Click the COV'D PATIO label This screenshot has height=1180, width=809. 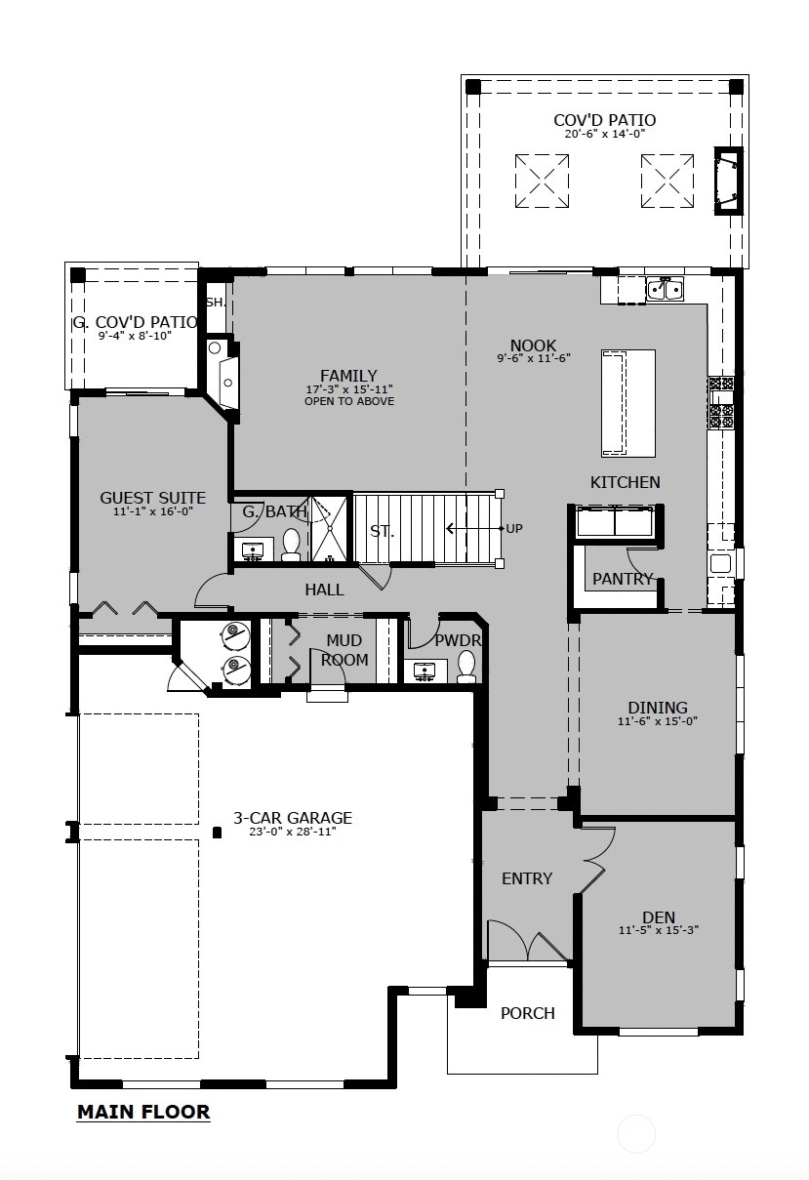(605, 120)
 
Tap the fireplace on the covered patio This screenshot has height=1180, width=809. (728, 181)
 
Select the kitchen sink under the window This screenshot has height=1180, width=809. (666, 289)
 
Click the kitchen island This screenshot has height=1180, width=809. (628, 403)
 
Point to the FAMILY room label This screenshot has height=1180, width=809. (348, 376)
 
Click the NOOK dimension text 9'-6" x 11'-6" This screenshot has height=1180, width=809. (534, 358)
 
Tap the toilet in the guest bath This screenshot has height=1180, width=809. (291, 545)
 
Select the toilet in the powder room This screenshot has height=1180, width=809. (466, 667)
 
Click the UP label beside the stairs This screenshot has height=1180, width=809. (514, 528)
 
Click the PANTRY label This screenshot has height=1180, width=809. (623, 579)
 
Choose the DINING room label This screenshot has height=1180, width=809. (658, 707)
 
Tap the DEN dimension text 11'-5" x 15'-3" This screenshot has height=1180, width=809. (659, 930)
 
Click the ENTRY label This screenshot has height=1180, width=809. (527, 878)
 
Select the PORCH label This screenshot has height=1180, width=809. (528, 1013)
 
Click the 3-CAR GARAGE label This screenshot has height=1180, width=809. (293, 818)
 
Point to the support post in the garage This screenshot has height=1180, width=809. (216, 833)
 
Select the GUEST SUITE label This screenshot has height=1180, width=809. (153, 498)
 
